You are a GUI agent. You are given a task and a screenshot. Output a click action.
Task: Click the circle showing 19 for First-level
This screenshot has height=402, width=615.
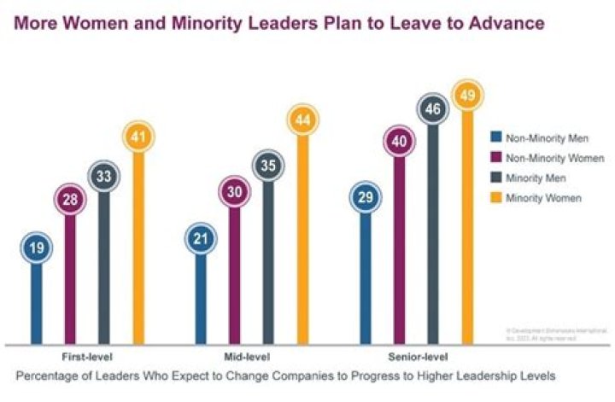point(36,248)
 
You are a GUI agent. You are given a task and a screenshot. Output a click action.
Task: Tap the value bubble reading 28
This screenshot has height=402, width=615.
point(70,201)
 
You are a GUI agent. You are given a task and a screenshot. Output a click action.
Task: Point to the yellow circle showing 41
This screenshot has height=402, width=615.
point(138,137)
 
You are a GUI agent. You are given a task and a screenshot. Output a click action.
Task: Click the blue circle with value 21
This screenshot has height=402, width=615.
point(202,238)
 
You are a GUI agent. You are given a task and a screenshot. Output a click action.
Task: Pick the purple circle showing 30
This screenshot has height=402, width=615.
point(236,192)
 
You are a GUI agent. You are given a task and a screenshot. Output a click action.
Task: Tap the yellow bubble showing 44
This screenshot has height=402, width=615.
point(303,121)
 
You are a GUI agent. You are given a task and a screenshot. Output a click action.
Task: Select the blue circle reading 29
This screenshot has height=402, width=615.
point(366,198)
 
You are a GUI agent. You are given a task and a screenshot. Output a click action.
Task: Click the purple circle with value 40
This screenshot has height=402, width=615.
point(400,142)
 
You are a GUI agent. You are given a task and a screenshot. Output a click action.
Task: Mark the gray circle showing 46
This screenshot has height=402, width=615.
point(433,109)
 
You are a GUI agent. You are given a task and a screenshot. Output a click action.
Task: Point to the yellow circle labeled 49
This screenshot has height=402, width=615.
point(467,95)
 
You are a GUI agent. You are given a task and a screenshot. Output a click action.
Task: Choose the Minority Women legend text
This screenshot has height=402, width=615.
point(546,198)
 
